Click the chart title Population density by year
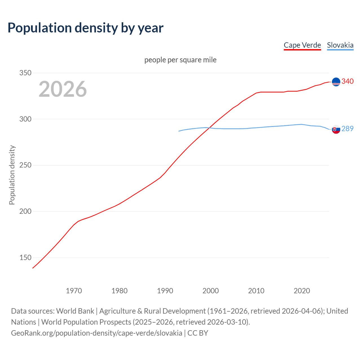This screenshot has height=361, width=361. [85, 28]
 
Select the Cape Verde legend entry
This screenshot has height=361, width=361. [302, 45]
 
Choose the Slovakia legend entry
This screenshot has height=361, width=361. [340, 45]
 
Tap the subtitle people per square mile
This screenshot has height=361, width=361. [180, 60]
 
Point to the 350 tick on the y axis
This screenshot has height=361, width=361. [25, 73]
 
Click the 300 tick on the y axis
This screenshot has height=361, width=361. [25, 119]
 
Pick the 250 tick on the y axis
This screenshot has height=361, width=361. [25, 165]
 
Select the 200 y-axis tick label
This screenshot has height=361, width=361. [25, 212]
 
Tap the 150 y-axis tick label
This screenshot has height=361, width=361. [25, 257]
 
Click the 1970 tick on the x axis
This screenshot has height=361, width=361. [74, 291]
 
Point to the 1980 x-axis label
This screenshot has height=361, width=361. [119, 291]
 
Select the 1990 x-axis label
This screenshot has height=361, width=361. [165, 291]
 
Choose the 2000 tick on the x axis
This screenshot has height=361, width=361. [211, 291]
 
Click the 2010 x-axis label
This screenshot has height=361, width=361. [256, 291]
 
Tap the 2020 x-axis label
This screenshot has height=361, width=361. [302, 291]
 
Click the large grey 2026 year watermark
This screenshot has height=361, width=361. [63, 89]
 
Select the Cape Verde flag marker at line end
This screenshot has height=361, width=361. [336, 82]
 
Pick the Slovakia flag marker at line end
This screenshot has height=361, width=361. [336, 129]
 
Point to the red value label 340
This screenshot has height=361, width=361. [347, 81]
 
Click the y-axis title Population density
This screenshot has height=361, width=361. [12, 175]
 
